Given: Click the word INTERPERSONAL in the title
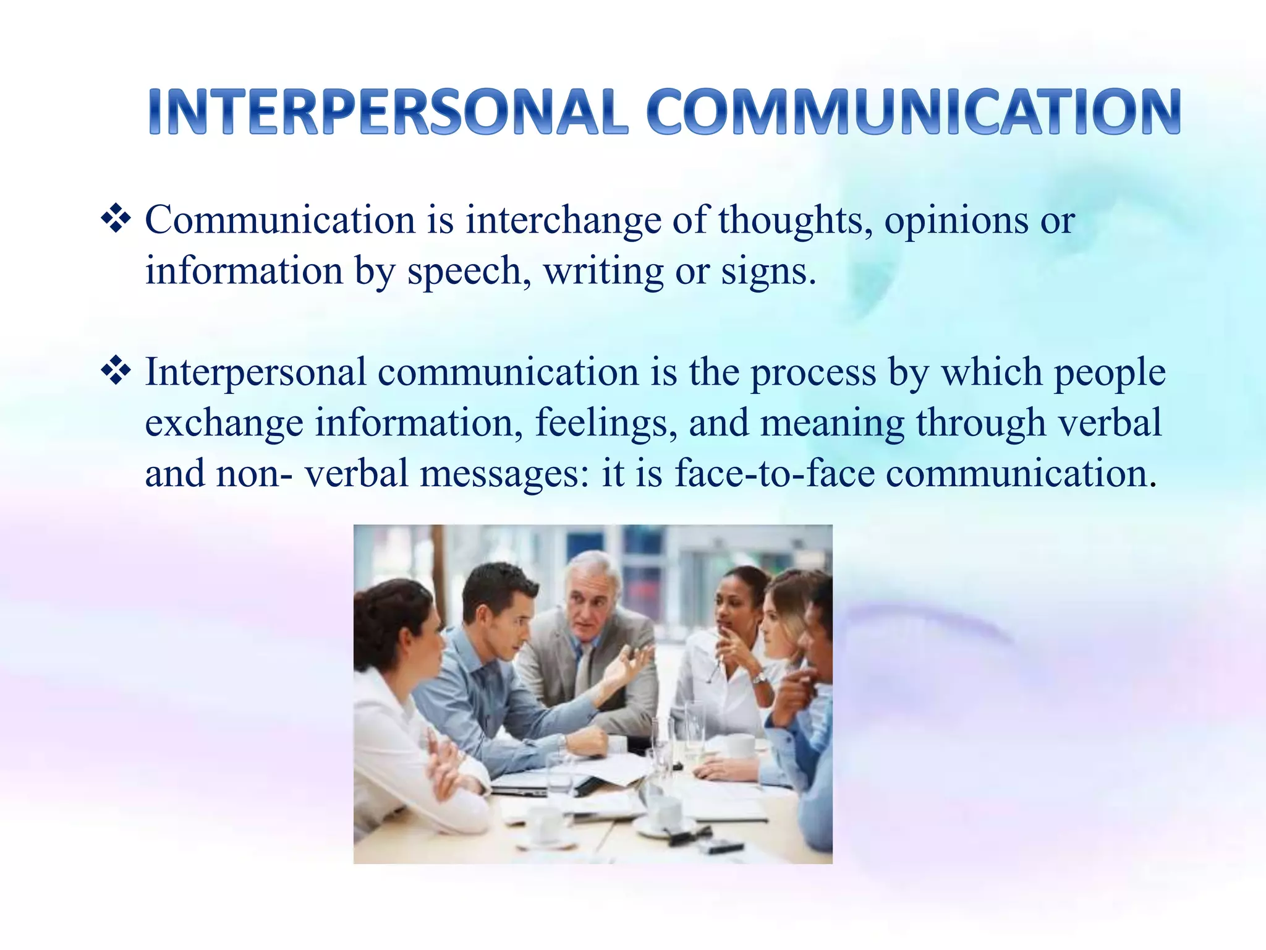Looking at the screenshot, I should pos(388,112).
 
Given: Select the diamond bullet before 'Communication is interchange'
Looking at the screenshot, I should pos(116,220).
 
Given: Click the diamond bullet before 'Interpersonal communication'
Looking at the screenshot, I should pos(116,372).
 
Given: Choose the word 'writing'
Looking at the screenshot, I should pos(603,272).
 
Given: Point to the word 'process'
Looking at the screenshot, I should pos(814,374).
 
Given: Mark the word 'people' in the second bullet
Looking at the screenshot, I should pos(1110,374).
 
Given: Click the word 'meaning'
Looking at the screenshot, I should pos(832,424).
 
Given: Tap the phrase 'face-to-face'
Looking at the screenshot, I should pos(775,474).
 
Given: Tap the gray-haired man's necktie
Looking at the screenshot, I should pos(582,671).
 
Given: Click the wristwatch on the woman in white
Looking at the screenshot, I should pos(758,678).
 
